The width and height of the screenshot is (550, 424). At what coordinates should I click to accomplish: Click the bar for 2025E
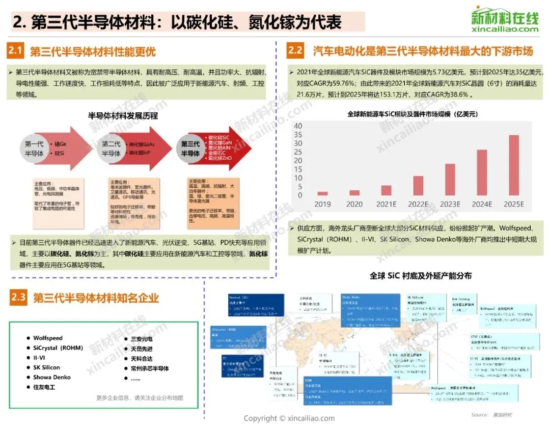click(x=514, y=165)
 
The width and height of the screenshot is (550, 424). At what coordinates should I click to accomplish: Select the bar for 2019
click(x=322, y=193)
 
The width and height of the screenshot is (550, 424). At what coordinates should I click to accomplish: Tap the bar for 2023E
click(x=450, y=180)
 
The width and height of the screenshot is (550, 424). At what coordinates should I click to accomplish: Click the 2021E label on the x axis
click(x=386, y=204)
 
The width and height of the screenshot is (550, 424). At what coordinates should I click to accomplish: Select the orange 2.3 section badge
click(x=18, y=297)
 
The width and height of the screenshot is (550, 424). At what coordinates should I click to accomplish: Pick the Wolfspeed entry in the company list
click(x=48, y=338)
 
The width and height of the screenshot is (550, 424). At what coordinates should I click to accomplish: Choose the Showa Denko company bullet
click(x=52, y=377)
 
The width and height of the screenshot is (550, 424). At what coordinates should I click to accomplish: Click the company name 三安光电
click(x=142, y=339)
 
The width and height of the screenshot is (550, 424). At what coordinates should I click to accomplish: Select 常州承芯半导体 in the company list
click(x=150, y=368)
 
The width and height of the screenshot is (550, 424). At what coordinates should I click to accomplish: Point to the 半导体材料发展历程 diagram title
click(x=123, y=116)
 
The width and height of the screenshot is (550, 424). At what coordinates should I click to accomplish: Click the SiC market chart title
click(x=413, y=114)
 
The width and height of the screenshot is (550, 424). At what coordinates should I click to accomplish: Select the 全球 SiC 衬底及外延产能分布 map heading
click(x=421, y=276)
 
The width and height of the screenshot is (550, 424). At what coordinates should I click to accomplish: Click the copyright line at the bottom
click(x=289, y=418)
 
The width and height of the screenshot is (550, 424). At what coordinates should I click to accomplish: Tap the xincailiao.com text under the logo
click(x=505, y=29)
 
